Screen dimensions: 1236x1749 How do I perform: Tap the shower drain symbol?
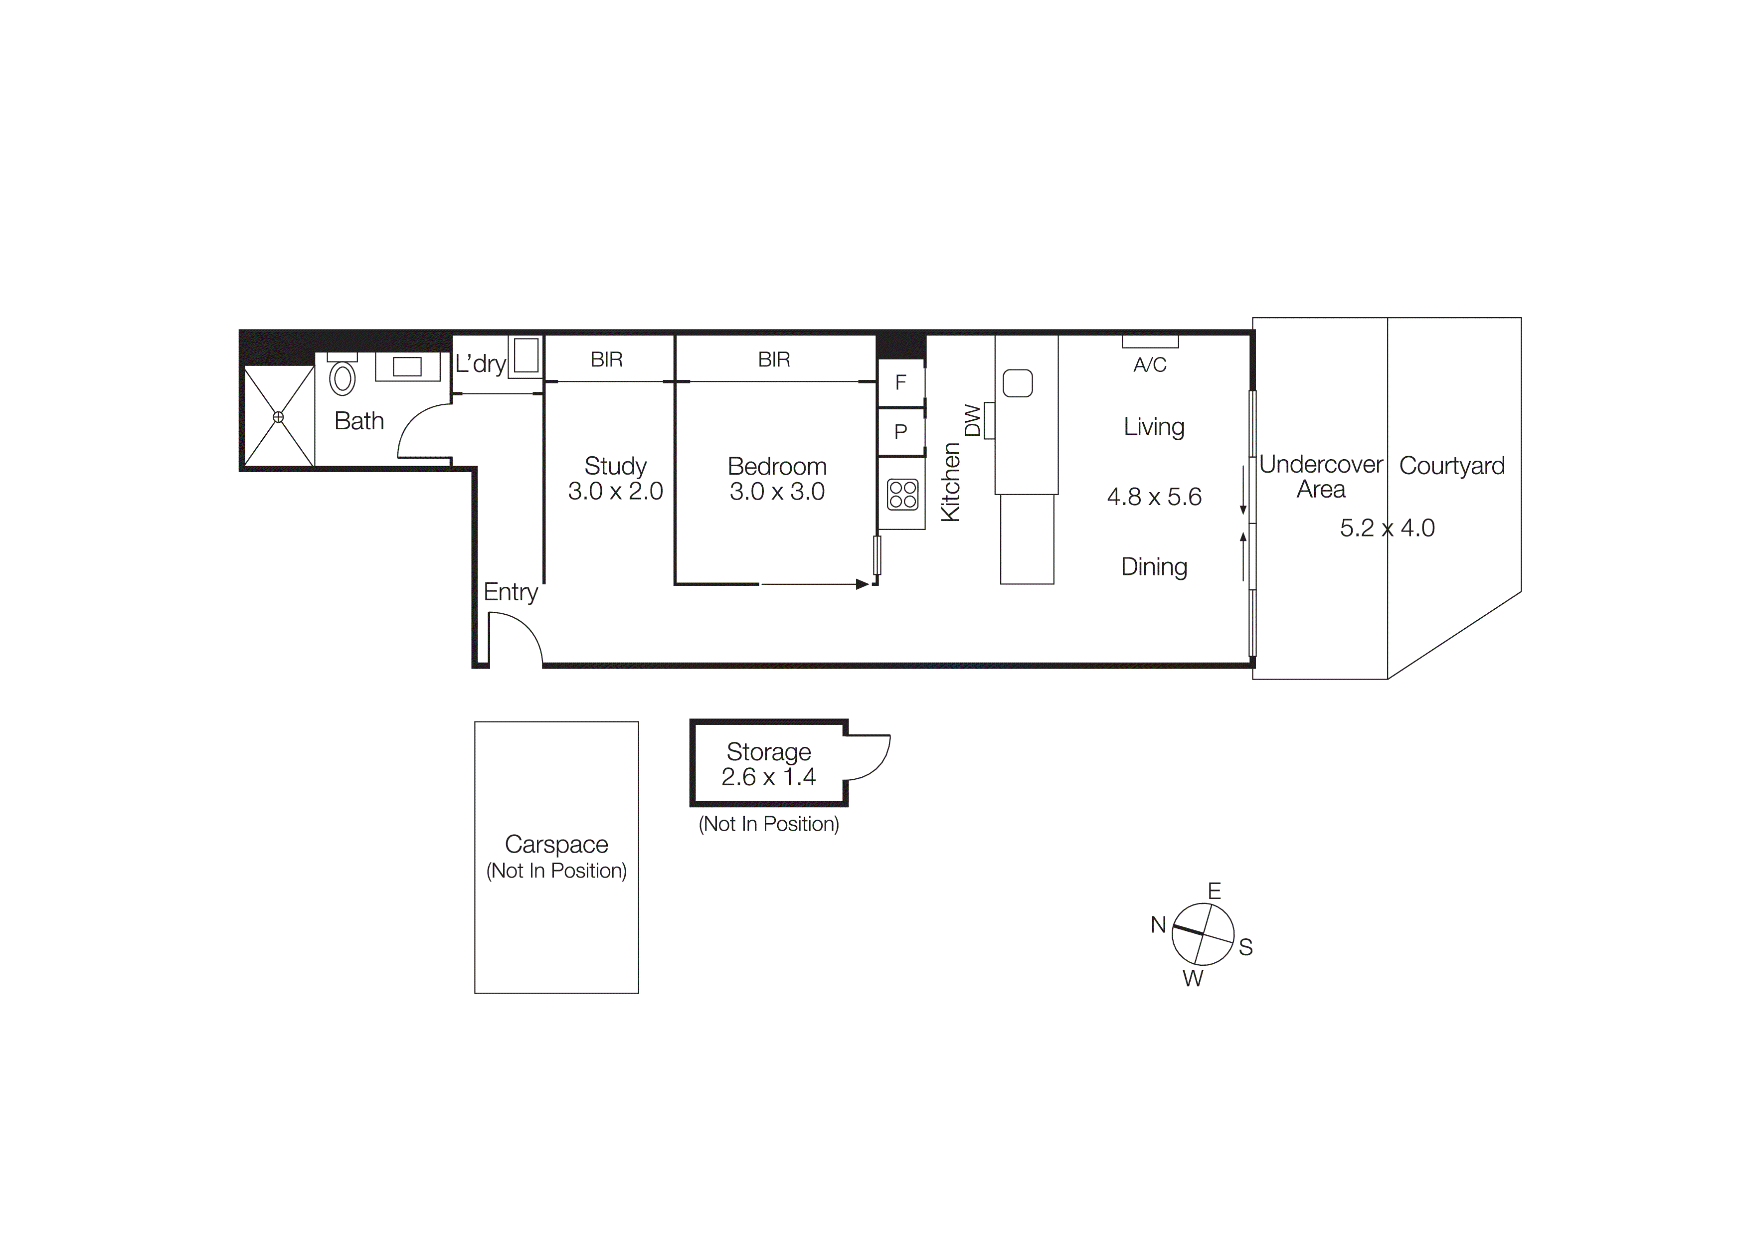[x=278, y=417]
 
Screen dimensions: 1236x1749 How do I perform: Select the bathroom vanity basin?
[x=407, y=366]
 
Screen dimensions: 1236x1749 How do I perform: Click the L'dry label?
[x=481, y=364]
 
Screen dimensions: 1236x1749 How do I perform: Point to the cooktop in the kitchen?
[x=903, y=494]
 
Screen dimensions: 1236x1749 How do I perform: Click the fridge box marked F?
[x=900, y=382]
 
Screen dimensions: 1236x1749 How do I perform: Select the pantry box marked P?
[x=900, y=432]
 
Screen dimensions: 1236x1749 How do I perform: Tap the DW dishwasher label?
[x=973, y=420]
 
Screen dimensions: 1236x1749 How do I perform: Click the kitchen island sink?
[x=1018, y=383]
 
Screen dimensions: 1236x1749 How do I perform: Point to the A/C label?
[x=1150, y=365]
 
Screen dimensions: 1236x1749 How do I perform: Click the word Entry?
[x=511, y=592]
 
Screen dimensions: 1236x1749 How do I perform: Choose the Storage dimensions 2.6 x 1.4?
[x=769, y=777]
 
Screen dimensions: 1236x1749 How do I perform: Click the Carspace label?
[x=556, y=845]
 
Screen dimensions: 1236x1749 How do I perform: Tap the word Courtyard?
[x=1452, y=465]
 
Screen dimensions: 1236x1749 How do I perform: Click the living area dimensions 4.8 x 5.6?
[x=1154, y=497]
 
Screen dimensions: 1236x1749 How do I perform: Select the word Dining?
[x=1154, y=566]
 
